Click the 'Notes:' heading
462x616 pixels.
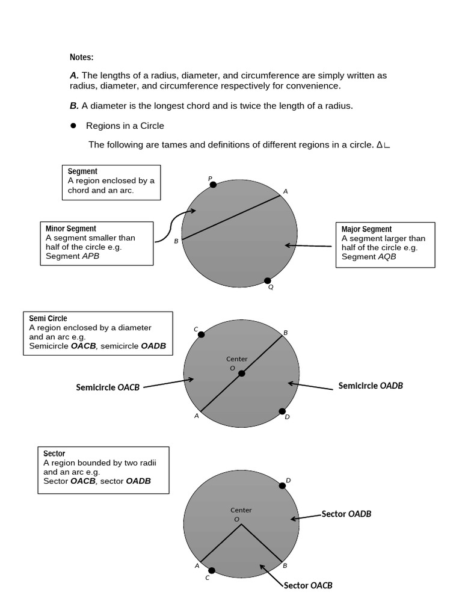(81, 57)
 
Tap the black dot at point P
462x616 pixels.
(213, 185)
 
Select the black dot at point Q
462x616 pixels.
(268, 280)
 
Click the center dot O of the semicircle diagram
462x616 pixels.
(241, 374)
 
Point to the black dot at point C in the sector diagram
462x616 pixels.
(211, 570)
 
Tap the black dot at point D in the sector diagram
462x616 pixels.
(283, 485)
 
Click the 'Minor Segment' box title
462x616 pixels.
(70, 229)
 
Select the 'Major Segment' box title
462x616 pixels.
(366, 229)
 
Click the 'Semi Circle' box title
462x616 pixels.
(48, 318)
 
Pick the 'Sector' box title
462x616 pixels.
(54, 454)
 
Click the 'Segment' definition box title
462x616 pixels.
(82, 171)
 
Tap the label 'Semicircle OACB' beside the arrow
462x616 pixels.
(108, 387)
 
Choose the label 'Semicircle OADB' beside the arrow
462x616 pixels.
(371, 386)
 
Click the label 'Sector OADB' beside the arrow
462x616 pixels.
(346, 514)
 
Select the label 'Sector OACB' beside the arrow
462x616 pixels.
(308, 585)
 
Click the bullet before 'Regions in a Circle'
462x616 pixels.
(73, 126)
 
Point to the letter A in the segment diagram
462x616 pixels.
(285, 191)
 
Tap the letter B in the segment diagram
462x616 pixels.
(176, 241)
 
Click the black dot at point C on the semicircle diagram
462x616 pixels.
(201, 335)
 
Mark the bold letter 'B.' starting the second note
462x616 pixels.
(74, 105)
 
